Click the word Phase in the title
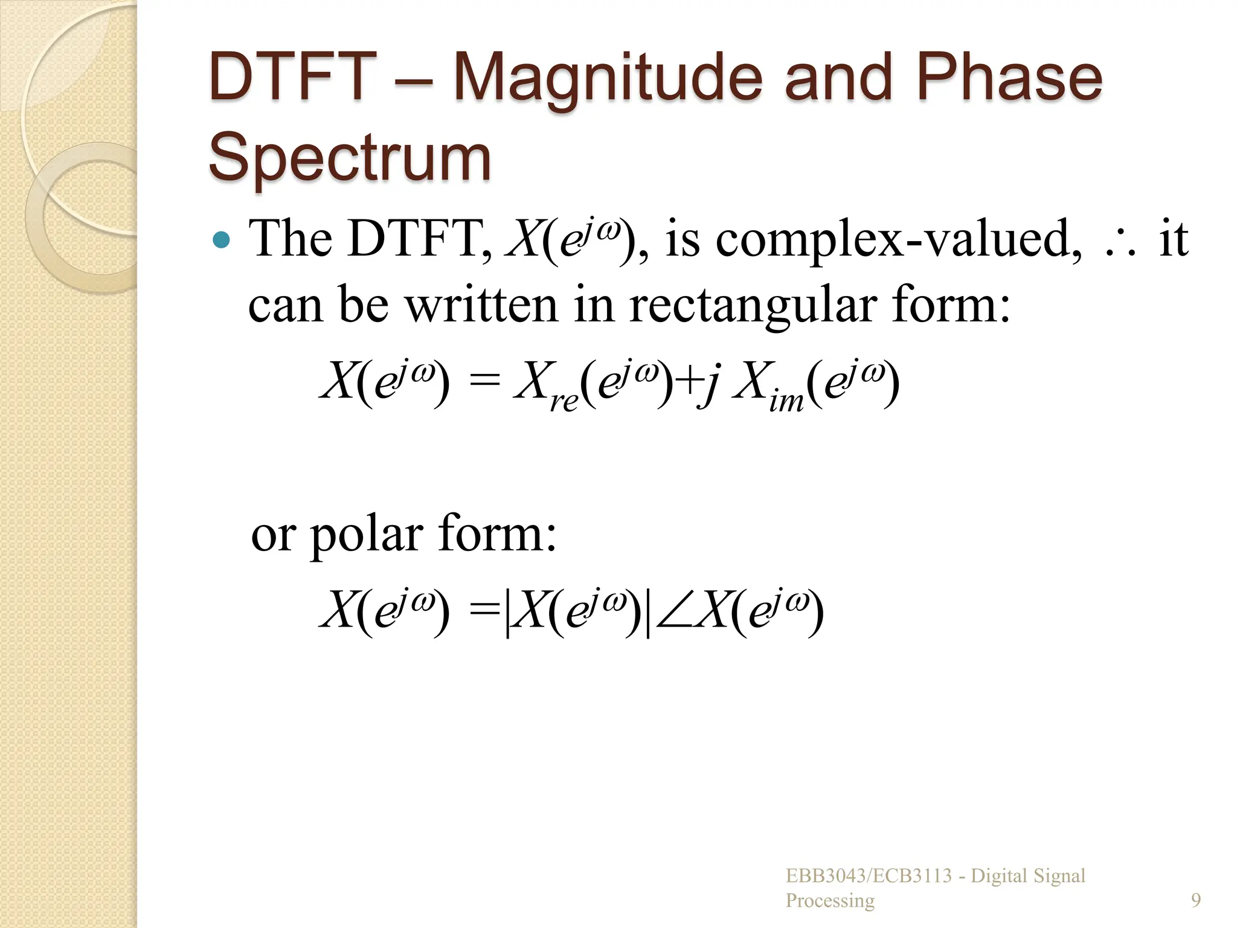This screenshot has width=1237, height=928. coord(1009,79)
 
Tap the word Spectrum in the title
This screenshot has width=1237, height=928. coord(350,158)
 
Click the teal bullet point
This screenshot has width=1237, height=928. coord(222,240)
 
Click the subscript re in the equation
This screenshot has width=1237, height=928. coord(564,401)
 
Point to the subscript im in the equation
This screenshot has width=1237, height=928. coord(786,401)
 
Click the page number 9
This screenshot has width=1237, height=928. coord(1195,900)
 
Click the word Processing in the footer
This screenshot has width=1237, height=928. coord(830,900)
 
